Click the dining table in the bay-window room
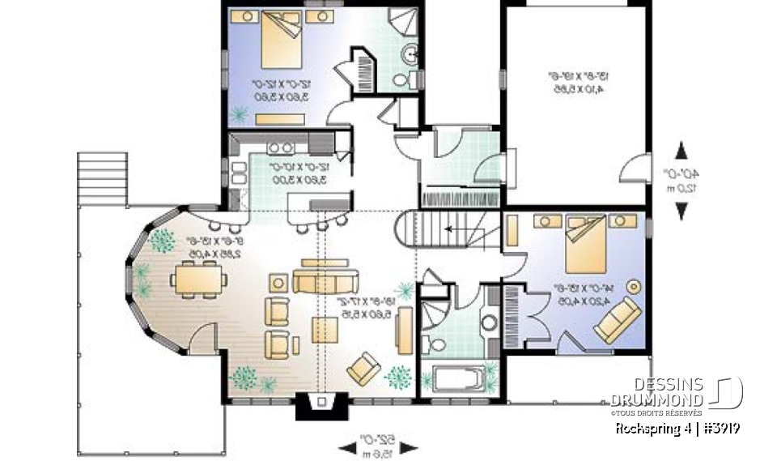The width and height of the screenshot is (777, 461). click(198, 280)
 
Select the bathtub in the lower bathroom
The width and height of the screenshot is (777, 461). click(457, 378)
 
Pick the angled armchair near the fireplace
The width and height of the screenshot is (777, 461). click(363, 369)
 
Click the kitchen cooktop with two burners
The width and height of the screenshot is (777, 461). click(280, 148)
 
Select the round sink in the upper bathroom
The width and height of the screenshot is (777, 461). click(410, 55)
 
